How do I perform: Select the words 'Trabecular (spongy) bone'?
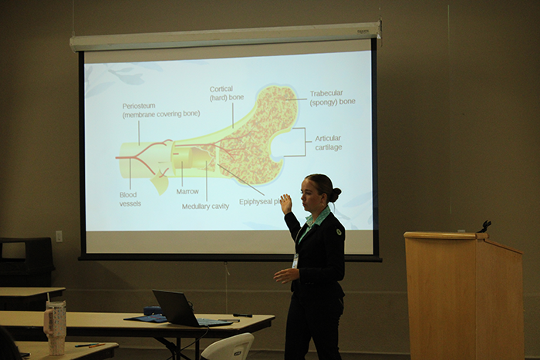[332, 97]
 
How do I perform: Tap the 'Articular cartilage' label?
[328, 143]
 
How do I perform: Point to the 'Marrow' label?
[187, 191]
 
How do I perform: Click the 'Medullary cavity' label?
[205, 207]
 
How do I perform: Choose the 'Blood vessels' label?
[130, 199]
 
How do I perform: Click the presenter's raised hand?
[286, 204]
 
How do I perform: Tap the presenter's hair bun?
[336, 194]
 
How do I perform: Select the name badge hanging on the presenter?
[295, 261]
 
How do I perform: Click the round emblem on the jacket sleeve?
[339, 230]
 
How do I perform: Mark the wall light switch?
[59, 236]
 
